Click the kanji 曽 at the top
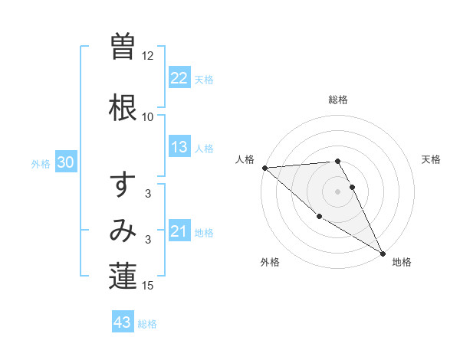pyautogui.click(x=123, y=47)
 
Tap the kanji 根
pyautogui.click(x=123, y=108)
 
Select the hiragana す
pyautogui.click(x=123, y=186)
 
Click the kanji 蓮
pyautogui.click(x=123, y=277)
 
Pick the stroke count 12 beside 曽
pyautogui.click(x=148, y=56)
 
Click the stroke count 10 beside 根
pyautogui.click(x=148, y=117)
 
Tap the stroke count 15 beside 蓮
pyautogui.click(x=148, y=286)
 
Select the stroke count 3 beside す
pyautogui.click(x=148, y=194)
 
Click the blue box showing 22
pyautogui.click(x=179, y=78)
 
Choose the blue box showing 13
pyautogui.click(x=179, y=147)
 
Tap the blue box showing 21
pyautogui.click(x=179, y=231)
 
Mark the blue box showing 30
pyautogui.click(x=65, y=162)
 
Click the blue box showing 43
pyautogui.click(x=123, y=322)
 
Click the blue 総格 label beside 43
pyautogui.click(x=147, y=324)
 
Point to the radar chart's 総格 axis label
pyautogui.click(x=338, y=100)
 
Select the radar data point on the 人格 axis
pyautogui.click(x=264, y=168)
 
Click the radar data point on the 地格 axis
pyautogui.click(x=383, y=254)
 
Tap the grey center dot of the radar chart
pyautogui.click(x=338, y=191)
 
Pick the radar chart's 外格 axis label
pyautogui.click(x=270, y=262)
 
